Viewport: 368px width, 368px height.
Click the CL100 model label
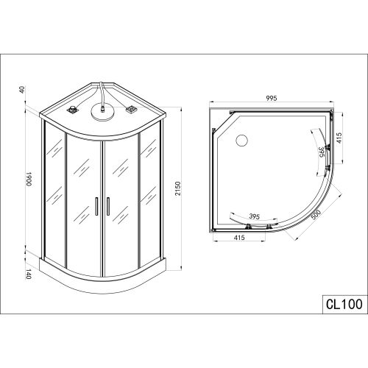point(344,305)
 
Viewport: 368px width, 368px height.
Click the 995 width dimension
point(272,98)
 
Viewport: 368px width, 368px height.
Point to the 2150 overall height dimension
point(178,188)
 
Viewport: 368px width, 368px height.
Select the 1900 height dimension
point(29,179)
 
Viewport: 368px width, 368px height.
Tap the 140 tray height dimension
point(29,274)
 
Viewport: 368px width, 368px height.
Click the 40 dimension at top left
point(22,90)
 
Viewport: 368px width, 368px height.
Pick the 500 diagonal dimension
point(316,216)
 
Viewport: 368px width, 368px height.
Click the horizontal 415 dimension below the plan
point(239,238)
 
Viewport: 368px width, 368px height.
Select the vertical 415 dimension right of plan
point(339,138)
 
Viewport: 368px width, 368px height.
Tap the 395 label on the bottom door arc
point(254,216)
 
